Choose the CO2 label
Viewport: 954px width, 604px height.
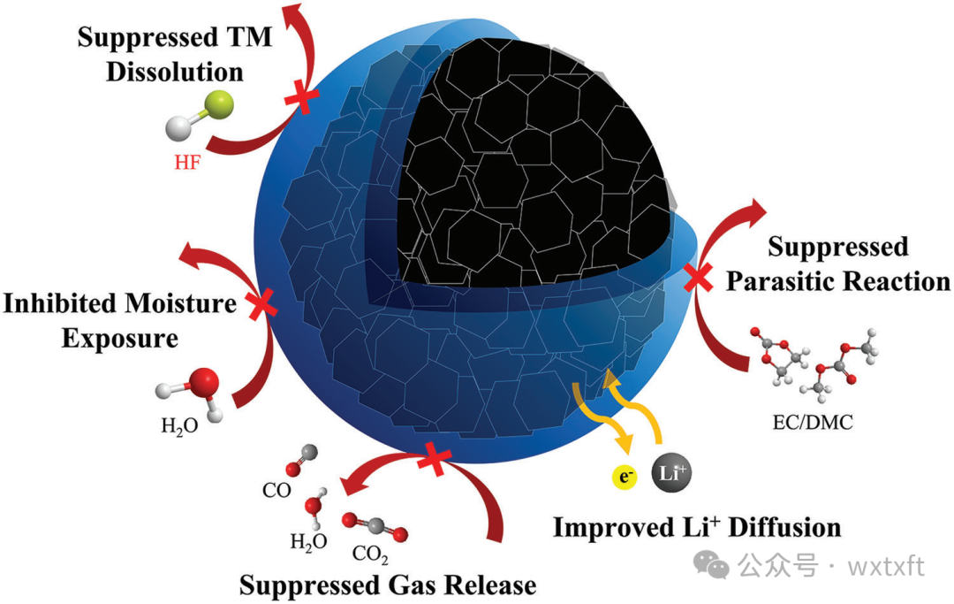[370, 555]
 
